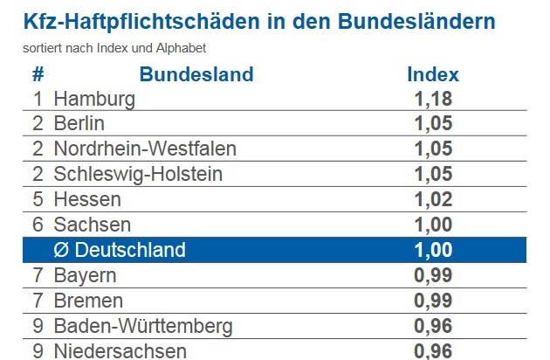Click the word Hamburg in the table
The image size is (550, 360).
point(94,100)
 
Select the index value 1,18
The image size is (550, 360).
point(433,99)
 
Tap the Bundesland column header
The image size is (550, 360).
point(196,74)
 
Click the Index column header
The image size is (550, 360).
point(433,74)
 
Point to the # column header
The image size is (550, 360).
point(38,74)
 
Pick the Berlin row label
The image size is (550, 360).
point(79,123)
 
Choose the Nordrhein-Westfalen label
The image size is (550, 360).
point(145,149)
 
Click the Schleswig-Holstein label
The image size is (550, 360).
point(138,175)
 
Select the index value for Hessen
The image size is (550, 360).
point(433,199)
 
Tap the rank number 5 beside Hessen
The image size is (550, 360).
point(38,199)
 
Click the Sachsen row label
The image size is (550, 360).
point(93,225)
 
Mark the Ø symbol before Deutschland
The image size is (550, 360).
point(61,250)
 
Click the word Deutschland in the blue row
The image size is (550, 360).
point(130,250)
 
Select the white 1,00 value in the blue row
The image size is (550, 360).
point(433,250)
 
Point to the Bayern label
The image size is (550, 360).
point(85,276)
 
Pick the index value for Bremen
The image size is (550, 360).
point(433,301)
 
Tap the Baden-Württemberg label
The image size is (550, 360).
point(143,327)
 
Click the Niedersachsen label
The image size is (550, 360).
point(120,351)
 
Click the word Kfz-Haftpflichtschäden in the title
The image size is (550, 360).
point(141,22)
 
